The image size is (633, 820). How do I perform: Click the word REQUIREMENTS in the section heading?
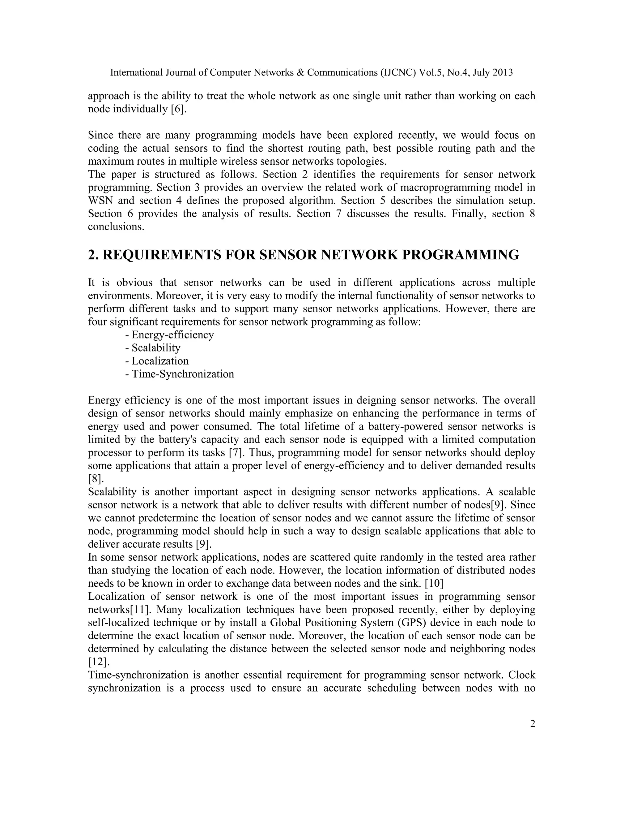coord(161,255)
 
